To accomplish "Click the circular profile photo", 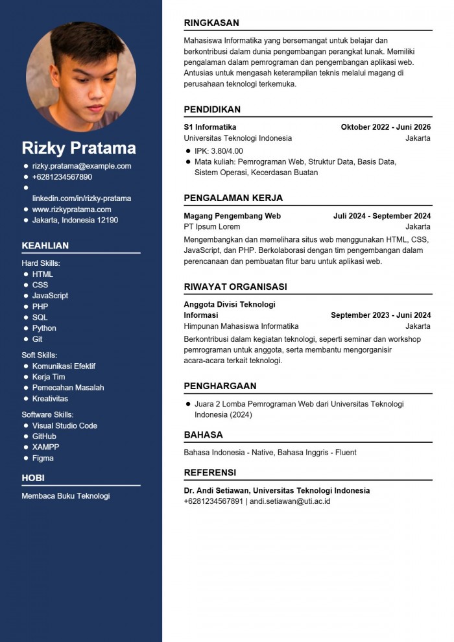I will (x=81, y=77).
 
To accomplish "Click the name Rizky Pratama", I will (x=78, y=147).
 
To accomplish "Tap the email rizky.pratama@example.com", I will (x=82, y=166).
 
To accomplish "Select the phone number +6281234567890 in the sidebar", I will (x=62, y=177).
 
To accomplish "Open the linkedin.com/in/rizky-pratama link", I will (x=82, y=198).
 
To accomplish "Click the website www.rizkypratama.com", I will (x=71, y=209).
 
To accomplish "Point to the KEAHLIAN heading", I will (x=45, y=245).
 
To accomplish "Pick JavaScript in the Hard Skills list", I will (x=50, y=296).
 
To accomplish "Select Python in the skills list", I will (x=44, y=328).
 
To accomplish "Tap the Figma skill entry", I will (x=43, y=458).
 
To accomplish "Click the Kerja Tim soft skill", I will (x=49, y=377).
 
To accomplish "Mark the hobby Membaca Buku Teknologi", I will (x=66, y=495).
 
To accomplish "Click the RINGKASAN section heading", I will (x=211, y=23).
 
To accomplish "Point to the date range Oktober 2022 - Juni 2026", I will (x=385, y=127).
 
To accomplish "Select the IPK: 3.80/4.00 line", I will (x=219, y=151).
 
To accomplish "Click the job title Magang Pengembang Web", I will (x=232, y=216).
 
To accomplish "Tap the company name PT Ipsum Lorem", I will (x=212, y=227).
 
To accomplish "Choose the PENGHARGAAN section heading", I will (x=220, y=386).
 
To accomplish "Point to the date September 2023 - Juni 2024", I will (x=381, y=315).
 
